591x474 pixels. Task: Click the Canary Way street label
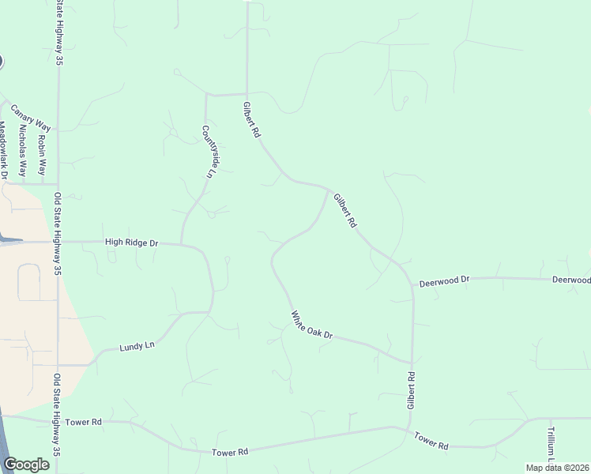[31, 121]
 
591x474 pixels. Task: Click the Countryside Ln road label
[209, 152]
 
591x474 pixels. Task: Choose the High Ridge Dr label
[131, 243]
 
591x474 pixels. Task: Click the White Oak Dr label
[312, 325]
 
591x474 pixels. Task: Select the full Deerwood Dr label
[444, 280]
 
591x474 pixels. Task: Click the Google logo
[27, 465]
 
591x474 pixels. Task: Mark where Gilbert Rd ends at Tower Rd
[409, 430]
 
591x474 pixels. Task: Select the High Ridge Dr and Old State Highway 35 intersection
[58, 243]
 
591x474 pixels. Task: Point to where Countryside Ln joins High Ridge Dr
[182, 243]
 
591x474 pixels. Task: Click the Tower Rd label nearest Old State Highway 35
[85, 423]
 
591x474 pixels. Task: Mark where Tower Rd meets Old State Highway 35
[58, 421]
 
